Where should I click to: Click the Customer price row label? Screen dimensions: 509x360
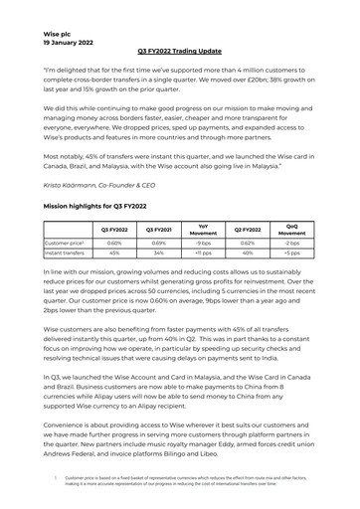65,242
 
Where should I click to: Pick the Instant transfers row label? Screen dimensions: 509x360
66,253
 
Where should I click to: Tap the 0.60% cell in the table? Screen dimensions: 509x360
113,242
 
